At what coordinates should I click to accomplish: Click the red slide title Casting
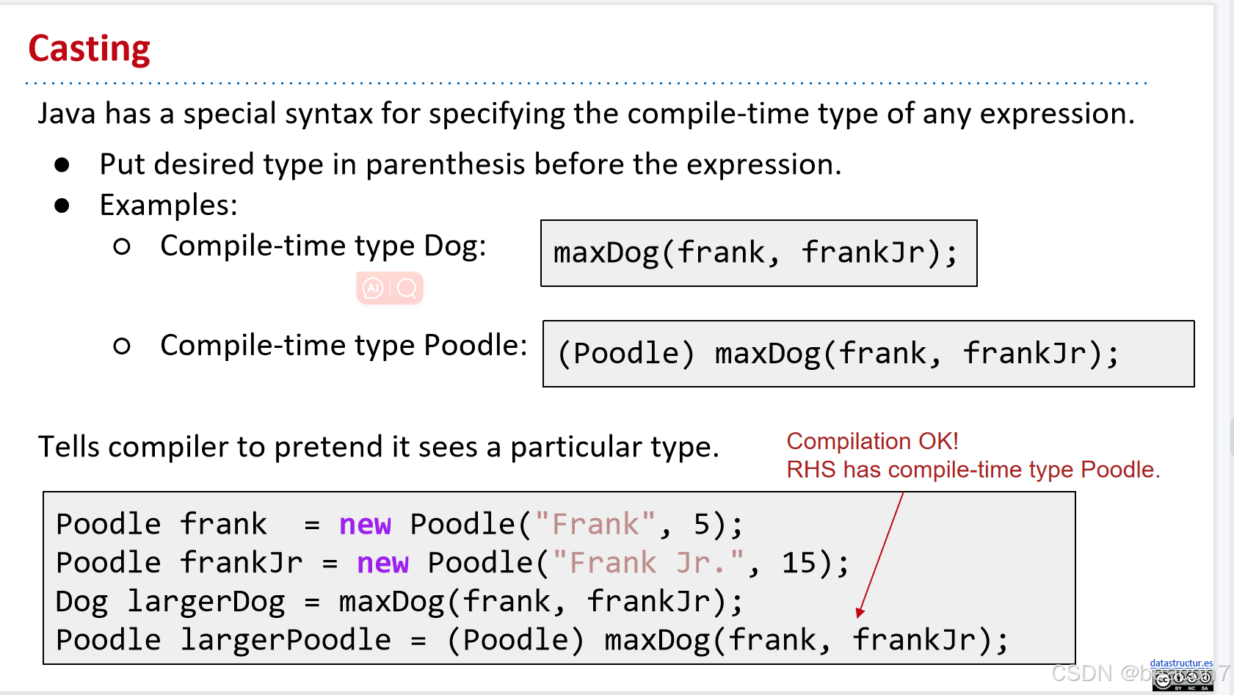(x=90, y=48)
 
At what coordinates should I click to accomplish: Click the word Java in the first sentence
(x=67, y=114)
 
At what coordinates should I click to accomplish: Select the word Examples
(x=168, y=205)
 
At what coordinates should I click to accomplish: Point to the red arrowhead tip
(x=857, y=617)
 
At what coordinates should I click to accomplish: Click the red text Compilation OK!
(x=872, y=441)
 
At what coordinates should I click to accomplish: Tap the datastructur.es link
(x=1181, y=663)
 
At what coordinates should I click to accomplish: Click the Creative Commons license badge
(x=1183, y=680)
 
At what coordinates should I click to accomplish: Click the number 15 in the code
(x=799, y=563)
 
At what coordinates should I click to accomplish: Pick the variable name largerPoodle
(x=286, y=640)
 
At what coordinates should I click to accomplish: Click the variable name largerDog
(x=206, y=601)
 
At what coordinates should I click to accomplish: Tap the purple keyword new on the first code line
(x=365, y=524)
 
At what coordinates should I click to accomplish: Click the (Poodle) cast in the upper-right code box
(x=626, y=353)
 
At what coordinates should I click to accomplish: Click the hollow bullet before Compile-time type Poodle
(x=122, y=346)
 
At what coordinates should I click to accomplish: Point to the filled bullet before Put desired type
(x=62, y=164)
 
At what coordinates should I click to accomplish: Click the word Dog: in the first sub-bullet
(x=455, y=246)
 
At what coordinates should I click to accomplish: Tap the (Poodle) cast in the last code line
(x=515, y=640)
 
